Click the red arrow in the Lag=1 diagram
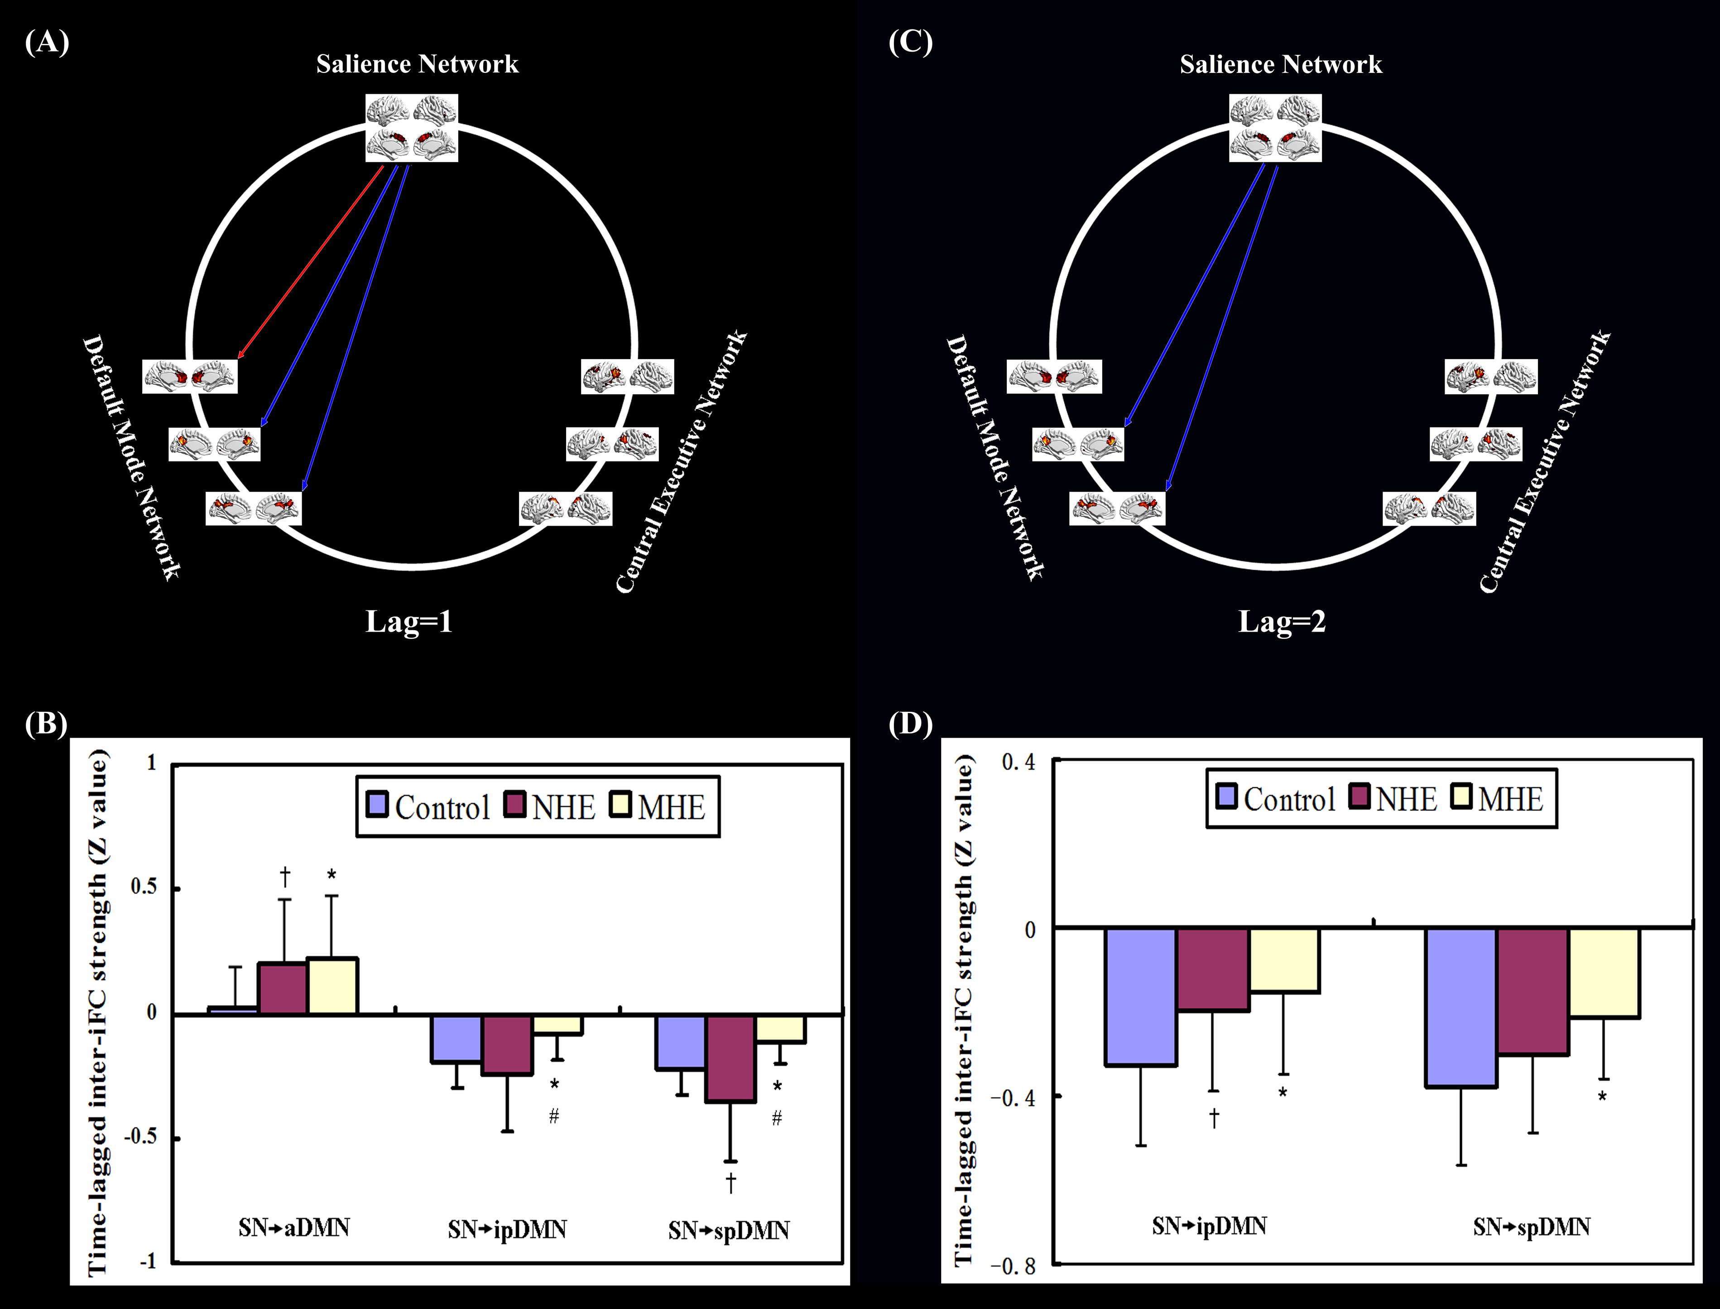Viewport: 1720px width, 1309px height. [x=312, y=261]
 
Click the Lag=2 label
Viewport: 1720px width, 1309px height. [x=1282, y=622]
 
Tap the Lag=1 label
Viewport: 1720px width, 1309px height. [x=409, y=622]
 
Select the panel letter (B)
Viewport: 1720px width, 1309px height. [x=46, y=724]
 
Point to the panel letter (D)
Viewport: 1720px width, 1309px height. [x=910, y=724]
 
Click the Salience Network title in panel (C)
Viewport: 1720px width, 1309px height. [x=1280, y=64]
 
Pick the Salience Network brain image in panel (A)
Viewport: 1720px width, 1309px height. [x=412, y=129]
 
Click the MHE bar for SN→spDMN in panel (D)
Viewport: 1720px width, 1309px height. [x=1604, y=973]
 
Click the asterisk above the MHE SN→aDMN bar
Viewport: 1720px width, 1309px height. [x=332, y=875]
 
